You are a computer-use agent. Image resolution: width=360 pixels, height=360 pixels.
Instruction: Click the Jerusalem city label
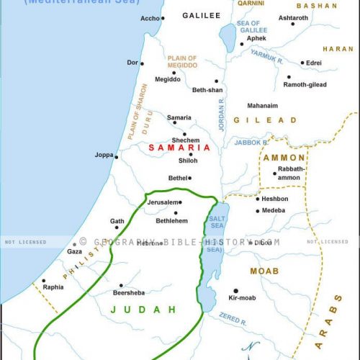point(163,203)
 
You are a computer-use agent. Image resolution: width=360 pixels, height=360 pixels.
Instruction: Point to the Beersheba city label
point(130,294)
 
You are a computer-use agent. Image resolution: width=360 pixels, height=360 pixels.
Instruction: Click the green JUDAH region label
point(143,310)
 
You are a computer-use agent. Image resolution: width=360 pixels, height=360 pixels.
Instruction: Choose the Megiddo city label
point(168,79)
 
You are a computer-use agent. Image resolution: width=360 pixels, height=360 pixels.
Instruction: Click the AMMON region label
point(284,158)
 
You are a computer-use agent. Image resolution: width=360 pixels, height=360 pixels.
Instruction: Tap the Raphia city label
point(53,287)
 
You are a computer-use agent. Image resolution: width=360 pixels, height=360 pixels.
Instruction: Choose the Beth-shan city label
point(209,93)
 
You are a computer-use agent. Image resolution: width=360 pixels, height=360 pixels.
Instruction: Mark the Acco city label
point(150,18)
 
